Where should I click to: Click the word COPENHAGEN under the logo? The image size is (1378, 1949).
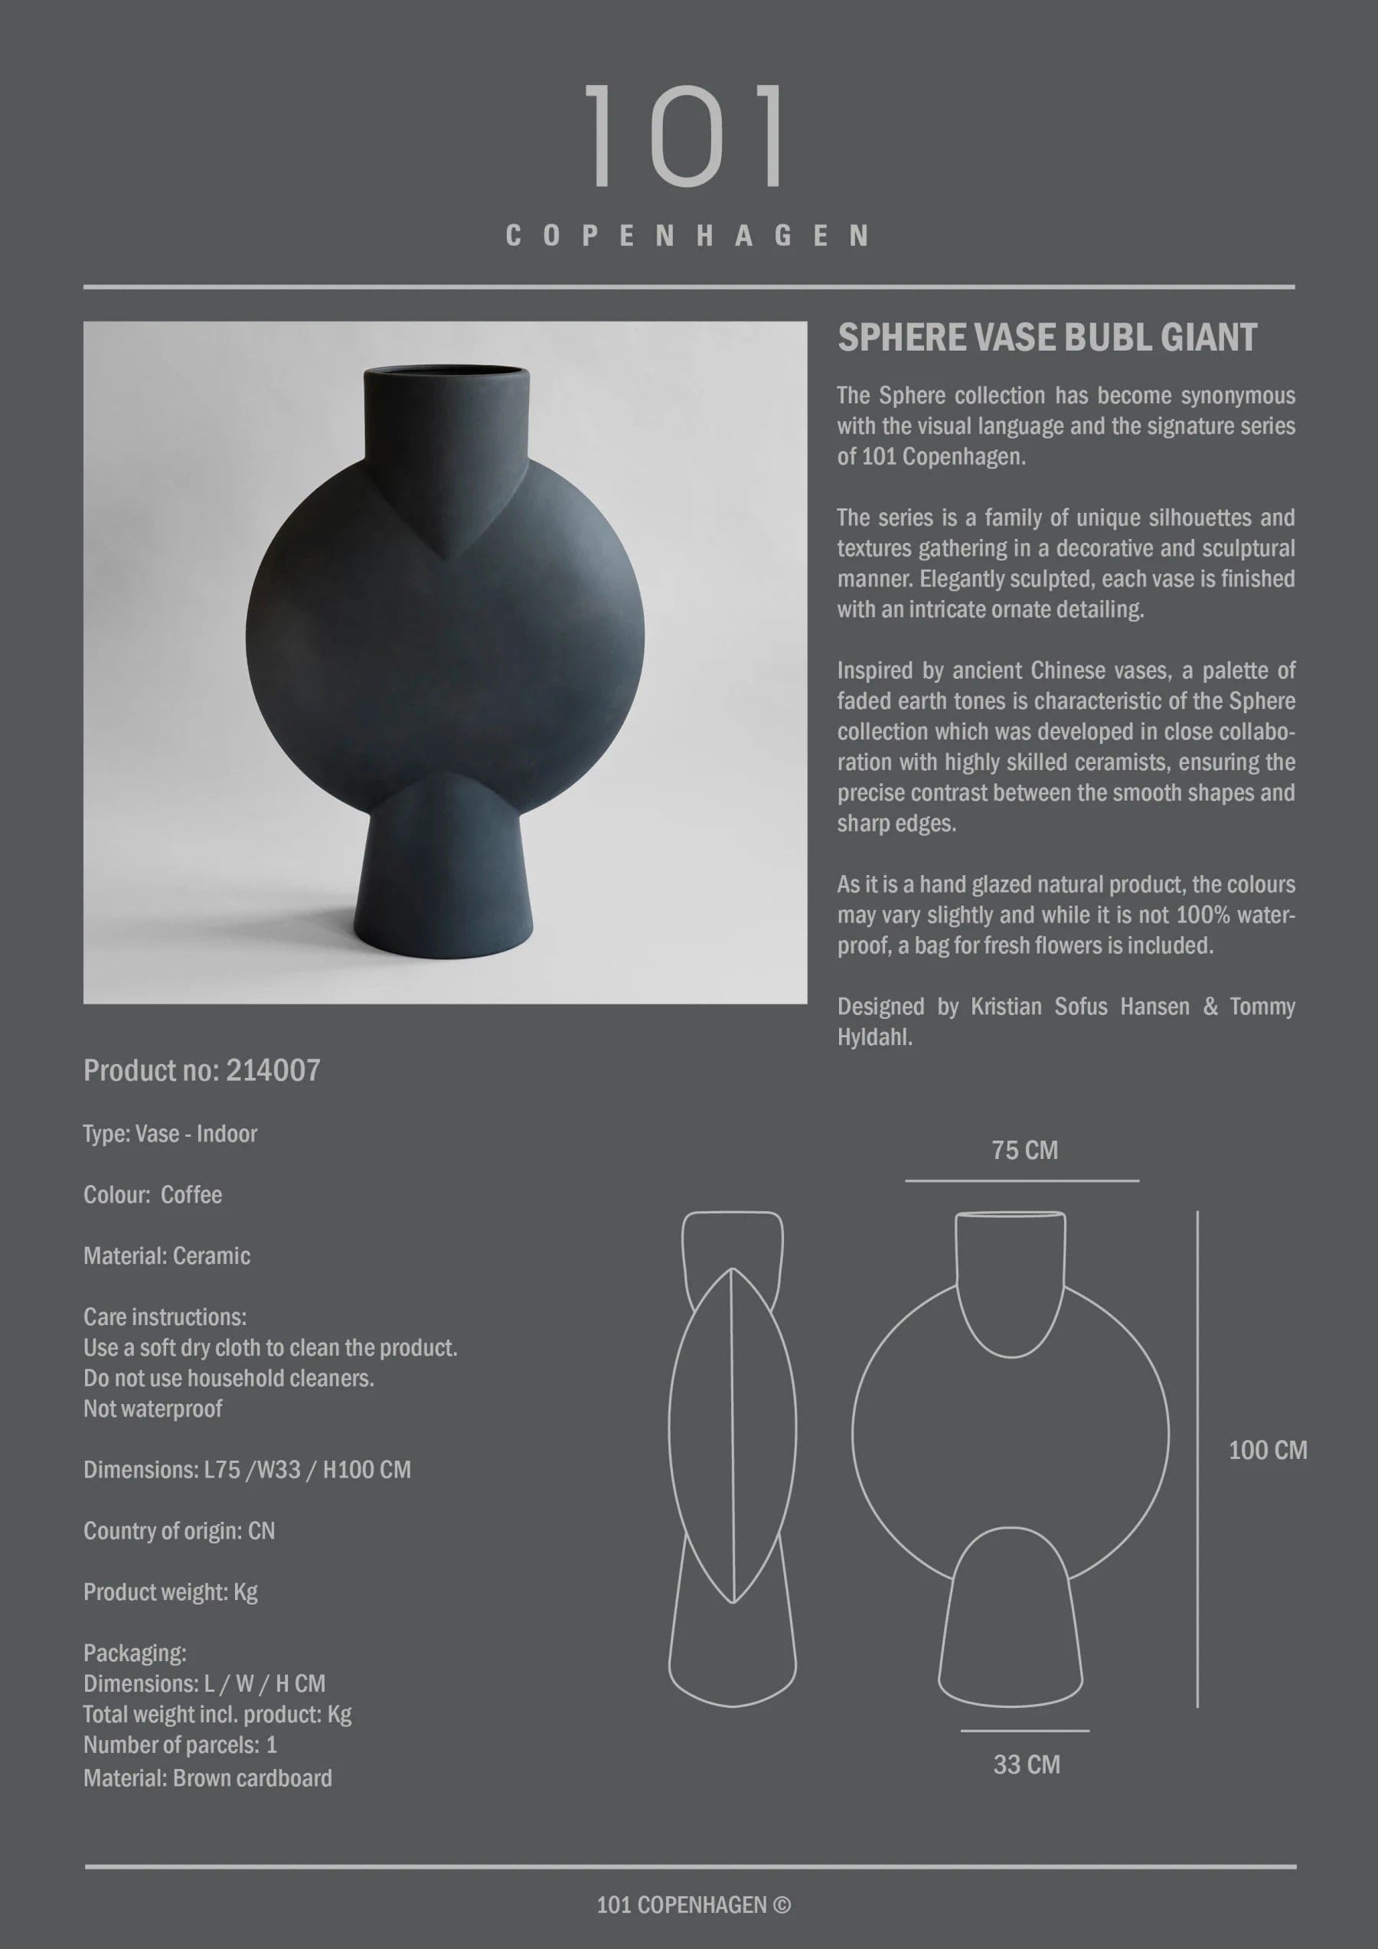pos(687,236)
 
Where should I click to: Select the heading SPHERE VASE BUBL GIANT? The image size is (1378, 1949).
pos(1047,338)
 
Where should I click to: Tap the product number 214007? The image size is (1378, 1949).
pos(273,1071)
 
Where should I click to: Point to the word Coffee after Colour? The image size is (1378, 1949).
pos(191,1195)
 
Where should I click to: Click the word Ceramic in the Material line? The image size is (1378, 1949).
pos(211,1256)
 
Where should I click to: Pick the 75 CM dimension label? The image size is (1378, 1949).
pos(1024,1151)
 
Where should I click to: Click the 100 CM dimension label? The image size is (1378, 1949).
pos(1267,1450)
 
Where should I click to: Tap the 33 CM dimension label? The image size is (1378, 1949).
pos(1026,1765)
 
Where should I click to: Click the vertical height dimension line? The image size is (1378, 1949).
pos(1197,1460)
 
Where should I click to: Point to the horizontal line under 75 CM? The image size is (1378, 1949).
pos(1021,1180)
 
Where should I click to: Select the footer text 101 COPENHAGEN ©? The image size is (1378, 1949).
pos(693,1905)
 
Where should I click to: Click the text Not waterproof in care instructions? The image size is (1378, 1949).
pos(153,1409)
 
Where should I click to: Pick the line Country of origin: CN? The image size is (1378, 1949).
pos(179,1531)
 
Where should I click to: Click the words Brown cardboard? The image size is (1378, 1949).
pos(252,1778)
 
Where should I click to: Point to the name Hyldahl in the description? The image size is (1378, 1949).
pos(873,1037)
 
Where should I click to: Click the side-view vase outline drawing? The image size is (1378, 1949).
pos(732,1460)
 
